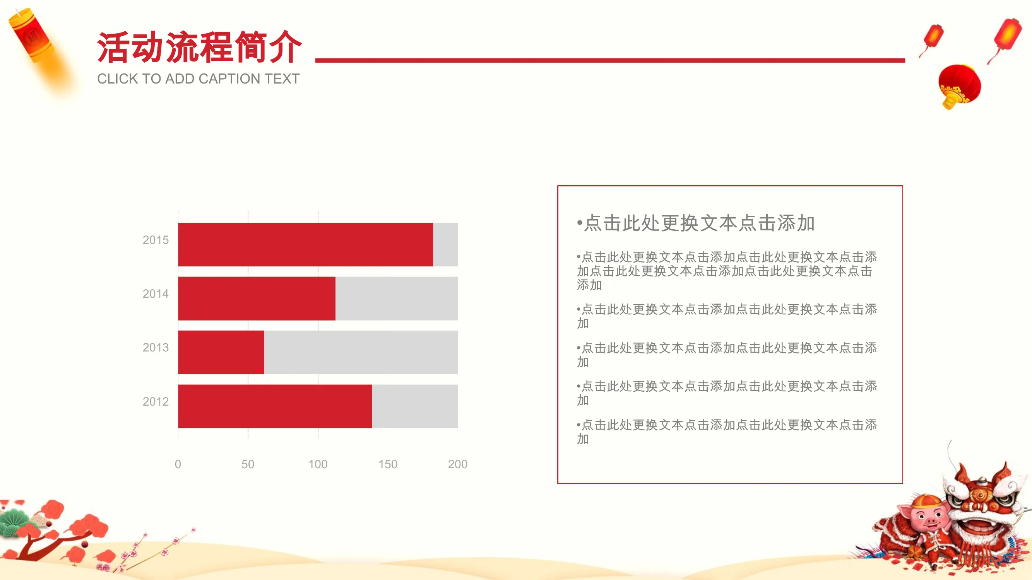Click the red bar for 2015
(305, 245)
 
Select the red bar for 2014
(257, 298)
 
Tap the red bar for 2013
(221, 352)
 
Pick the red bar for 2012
(275, 406)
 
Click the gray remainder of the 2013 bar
(361, 352)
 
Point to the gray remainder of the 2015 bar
(445, 245)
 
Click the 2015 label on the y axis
(156, 240)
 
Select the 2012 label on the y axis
(156, 401)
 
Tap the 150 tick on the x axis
(388, 464)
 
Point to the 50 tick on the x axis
(248, 464)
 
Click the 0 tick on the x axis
(178, 464)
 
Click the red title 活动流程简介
(199, 47)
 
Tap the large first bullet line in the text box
(696, 223)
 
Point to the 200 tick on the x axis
(457, 464)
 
